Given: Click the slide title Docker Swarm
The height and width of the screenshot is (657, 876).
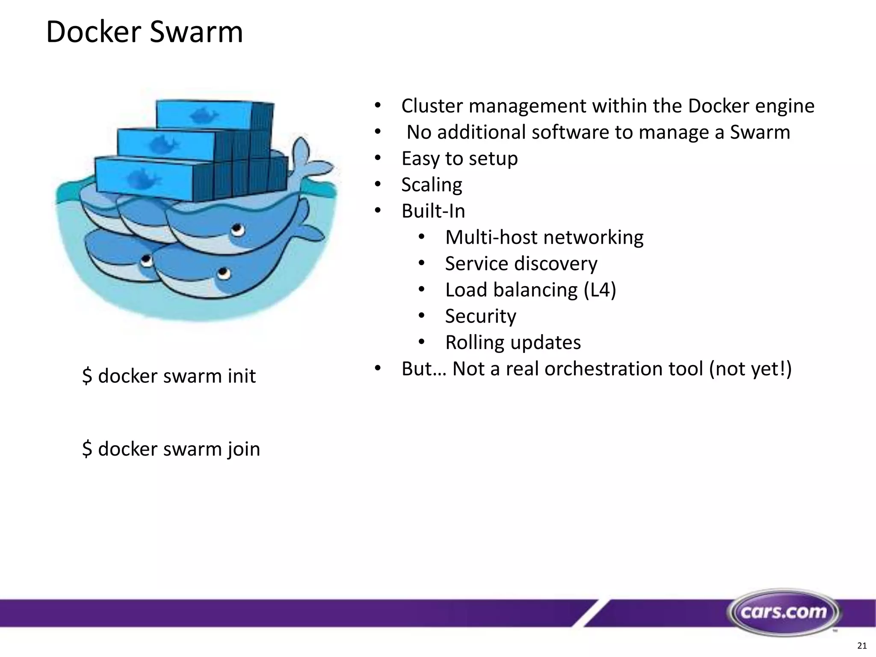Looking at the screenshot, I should pyautogui.click(x=144, y=32).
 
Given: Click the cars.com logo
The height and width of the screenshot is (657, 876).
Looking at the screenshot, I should pyautogui.click(x=784, y=612).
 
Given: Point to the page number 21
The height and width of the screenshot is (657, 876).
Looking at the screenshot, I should pyautogui.click(x=862, y=645).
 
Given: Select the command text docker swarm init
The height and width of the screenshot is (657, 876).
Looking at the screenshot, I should pyautogui.click(x=169, y=376).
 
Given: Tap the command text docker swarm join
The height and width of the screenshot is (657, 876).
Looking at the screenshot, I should pyautogui.click(x=171, y=449).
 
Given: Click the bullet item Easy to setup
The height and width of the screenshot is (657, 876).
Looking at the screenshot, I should pyautogui.click(x=459, y=158).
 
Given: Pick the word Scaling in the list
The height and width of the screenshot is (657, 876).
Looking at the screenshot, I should pyautogui.click(x=432, y=185).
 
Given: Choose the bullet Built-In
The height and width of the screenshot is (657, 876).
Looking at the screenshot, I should pyautogui.click(x=433, y=211).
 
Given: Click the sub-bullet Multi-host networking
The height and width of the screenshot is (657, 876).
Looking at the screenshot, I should pyautogui.click(x=544, y=237).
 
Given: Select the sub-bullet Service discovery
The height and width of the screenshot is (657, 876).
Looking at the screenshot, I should pyautogui.click(x=521, y=263).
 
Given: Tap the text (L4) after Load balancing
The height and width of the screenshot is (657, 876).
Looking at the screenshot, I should pyautogui.click(x=600, y=290).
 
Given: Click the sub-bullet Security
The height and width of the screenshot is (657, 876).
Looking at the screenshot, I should pyautogui.click(x=480, y=316).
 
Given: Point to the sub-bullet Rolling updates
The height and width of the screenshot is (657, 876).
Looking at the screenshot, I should pyautogui.click(x=513, y=342).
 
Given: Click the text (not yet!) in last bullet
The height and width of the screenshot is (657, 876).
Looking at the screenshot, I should pyautogui.click(x=750, y=369).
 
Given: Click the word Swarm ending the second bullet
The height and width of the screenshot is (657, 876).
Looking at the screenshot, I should pyautogui.click(x=760, y=132).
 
